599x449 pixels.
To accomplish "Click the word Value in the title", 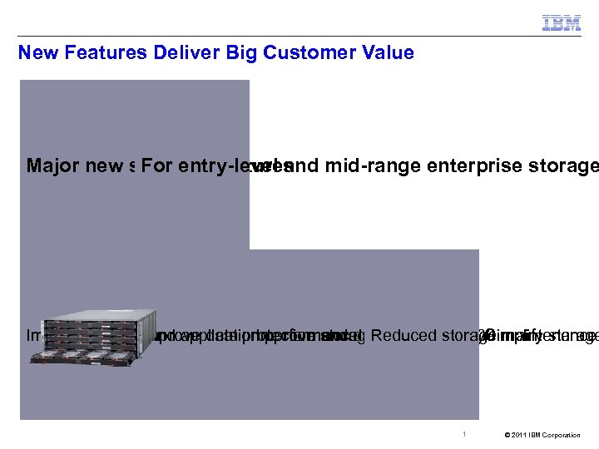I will click(386, 53).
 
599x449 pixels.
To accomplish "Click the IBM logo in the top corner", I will click(562, 23).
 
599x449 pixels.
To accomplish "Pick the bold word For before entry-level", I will click(157, 166).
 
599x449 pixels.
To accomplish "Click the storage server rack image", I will click(93, 336).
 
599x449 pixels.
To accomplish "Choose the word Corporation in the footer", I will click(565, 435).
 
